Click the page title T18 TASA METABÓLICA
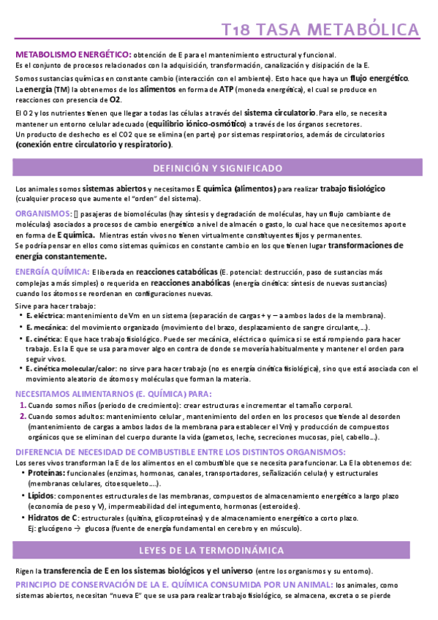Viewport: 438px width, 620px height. (x=320, y=30)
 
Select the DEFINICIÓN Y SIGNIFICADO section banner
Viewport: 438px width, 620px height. (x=217, y=168)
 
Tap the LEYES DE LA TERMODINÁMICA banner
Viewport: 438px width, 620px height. (x=217, y=549)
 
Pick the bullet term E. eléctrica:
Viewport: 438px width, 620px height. (x=45, y=315)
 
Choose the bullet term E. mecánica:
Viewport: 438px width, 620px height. (x=46, y=328)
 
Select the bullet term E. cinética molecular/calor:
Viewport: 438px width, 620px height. (x=71, y=369)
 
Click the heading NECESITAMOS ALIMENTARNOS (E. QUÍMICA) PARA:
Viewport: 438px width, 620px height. (x=102, y=393)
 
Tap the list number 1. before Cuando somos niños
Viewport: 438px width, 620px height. (x=23, y=405)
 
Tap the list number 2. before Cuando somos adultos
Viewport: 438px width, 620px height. (x=23, y=417)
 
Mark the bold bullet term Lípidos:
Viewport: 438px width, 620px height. (x=42, y=496)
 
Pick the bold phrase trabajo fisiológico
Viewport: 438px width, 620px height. (x=353, y=189)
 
